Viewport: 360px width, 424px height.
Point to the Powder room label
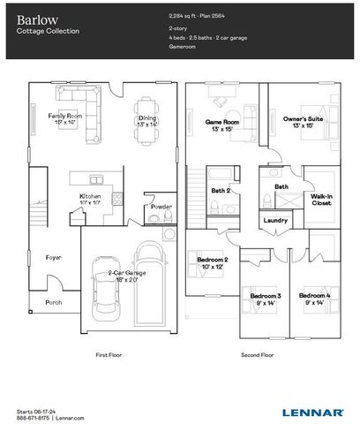click(x=161, y=207)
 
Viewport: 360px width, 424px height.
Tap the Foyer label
click(x=54, y=257)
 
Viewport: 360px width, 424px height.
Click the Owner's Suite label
click(x=301, y=118)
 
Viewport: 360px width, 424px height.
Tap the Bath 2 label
click(x=220, y=189)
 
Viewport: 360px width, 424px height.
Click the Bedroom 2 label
click(x=213, y=259)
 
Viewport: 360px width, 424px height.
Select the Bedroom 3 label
click(x=265, y=295)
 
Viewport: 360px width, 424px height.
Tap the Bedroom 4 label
click(x=313, y=295)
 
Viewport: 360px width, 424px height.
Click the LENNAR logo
click(x=313, y=412)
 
